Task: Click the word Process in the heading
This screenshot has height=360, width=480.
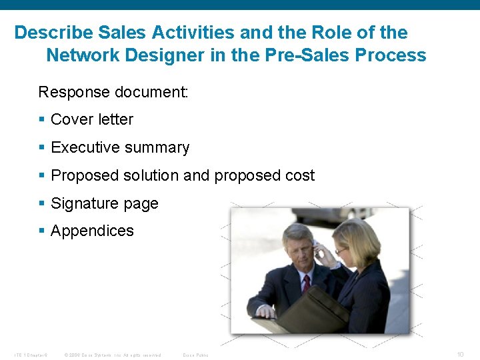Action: pos(391,55)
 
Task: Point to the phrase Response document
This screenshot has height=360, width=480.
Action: pos(113,92)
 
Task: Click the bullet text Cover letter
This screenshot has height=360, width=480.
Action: pos(92,119)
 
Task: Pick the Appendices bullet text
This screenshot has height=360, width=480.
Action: pos(92,231)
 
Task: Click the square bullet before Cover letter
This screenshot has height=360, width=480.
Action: pos(42,120)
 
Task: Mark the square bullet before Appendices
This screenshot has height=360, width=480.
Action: pos(42,231)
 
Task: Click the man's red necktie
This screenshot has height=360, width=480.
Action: pos(306,283)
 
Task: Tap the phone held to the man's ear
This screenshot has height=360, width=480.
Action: pos(318,252)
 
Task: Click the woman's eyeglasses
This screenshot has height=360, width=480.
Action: pos(342,250)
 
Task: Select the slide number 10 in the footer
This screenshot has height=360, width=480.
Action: pos(461,354)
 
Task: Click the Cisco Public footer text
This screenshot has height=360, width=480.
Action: pos(195,355)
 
